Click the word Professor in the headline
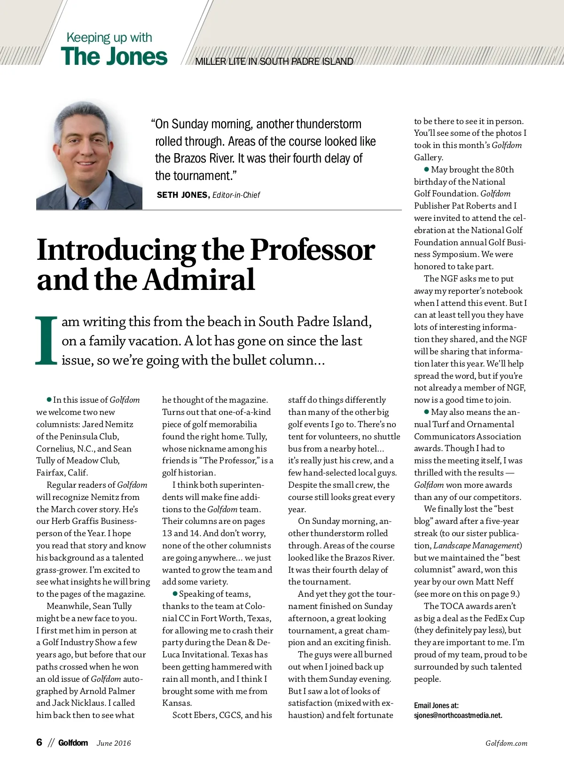click(312, 250)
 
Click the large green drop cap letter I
click(46, 341)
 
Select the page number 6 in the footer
click(39, 742)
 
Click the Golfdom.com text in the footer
click(506, 743)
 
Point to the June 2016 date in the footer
click(114, 743)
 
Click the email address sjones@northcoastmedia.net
click(458, 716)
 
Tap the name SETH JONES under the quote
click(182, 195)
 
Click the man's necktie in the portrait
click(85, 202)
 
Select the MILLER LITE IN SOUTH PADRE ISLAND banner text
click(274, 62)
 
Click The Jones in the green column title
click(114, 56)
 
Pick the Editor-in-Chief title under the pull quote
click(236, 195)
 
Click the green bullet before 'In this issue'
click(49, 399)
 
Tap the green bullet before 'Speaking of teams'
click(175, 594)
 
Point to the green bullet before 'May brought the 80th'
click(427, 169)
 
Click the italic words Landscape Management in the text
click(477, 546)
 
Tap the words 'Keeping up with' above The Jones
click(109, 38)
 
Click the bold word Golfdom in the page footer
click(73, 743)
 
